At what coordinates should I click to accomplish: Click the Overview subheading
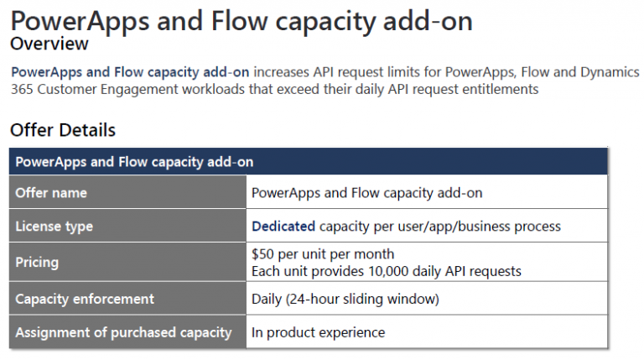click(49, 44)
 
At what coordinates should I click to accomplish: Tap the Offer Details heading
click(63, 130)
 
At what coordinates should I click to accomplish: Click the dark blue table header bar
click(308, 161)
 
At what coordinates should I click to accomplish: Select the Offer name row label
click(51, 193)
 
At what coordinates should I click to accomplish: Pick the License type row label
click(55, 227)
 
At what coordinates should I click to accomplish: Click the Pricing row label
click(37, 262)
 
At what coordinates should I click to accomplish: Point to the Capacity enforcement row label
click(85, 299)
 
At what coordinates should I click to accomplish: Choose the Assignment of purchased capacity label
click(123, 332)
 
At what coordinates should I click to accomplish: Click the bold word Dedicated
click(283, 226)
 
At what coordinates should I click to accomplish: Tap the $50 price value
click(262, 254)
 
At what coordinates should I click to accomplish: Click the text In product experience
click(319, 332)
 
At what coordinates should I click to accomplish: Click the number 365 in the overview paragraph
click(22, 89)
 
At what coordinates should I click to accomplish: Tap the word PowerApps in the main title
click(80, 21)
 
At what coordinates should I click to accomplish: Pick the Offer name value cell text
click(366, 193)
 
